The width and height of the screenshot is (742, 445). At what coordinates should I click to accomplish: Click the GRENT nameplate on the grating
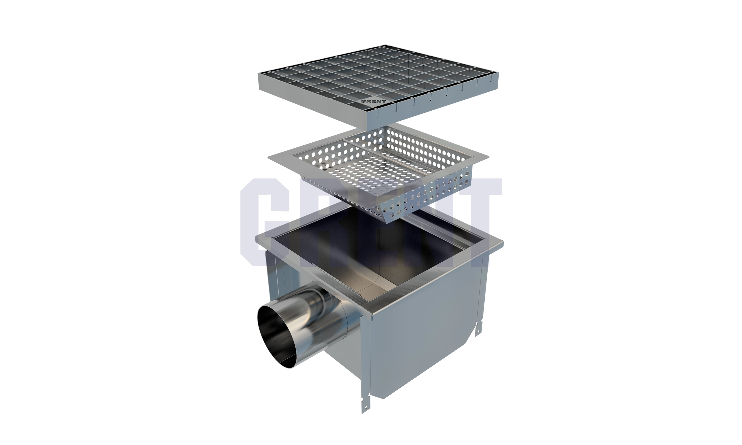(373, 101)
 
